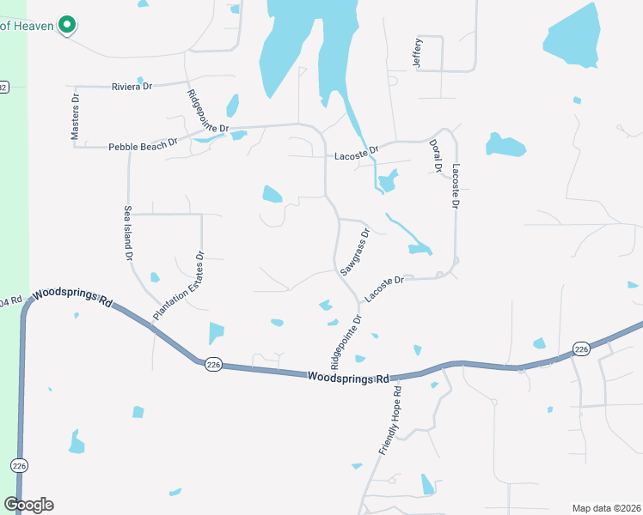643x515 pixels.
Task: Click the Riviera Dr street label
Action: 132,87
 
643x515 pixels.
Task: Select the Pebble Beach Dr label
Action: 143,146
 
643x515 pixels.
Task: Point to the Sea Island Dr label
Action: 128,233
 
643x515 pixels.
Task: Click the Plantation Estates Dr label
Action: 177,286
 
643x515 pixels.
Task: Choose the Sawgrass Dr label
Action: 354,251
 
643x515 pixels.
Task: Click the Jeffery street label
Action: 418,53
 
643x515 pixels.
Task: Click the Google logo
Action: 29,505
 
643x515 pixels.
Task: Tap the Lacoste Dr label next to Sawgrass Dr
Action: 383,288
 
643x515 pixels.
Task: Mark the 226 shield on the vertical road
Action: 19,465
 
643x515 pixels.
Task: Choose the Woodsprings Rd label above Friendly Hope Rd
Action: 348,378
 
